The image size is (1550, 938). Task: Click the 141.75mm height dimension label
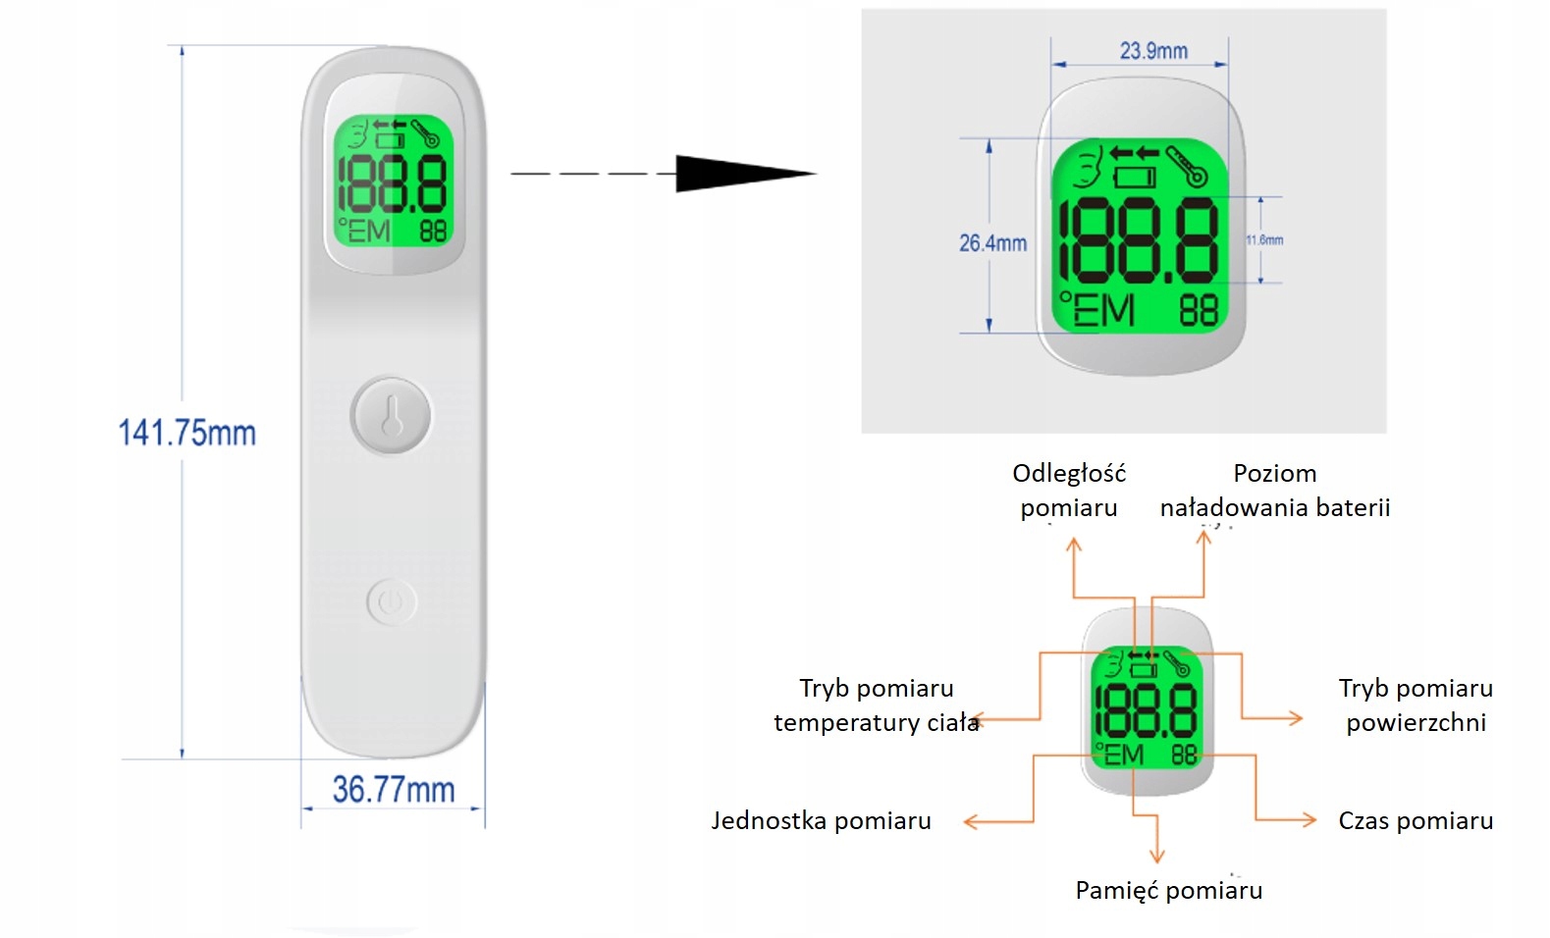(x=187, y=433)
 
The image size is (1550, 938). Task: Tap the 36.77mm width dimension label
(x=393, y=789)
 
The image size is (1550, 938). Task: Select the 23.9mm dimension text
(x=1153, y=50)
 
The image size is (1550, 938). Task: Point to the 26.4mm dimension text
(x=992, y=242)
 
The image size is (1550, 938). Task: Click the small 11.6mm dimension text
(x=1264, y=239)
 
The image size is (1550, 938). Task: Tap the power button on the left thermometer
(x=392, y=601)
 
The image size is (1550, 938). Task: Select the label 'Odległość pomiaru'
(x=1069, y=490)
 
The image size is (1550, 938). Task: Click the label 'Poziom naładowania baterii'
(x=1274, y=490)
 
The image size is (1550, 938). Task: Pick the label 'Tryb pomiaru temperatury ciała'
(x=876, y=704)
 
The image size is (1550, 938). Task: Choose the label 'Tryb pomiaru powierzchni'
(x=1415, y=704)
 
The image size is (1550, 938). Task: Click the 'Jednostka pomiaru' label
(x=821, y=820)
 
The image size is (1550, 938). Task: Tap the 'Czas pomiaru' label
(x=1415, y=820)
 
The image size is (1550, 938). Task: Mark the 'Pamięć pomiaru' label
(x=1168, y=890)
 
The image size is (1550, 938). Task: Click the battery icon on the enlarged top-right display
(x=1136, y=178)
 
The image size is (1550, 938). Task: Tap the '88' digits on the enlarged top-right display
(x=1198, y=311)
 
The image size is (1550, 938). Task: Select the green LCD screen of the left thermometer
(x=393, y=181)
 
